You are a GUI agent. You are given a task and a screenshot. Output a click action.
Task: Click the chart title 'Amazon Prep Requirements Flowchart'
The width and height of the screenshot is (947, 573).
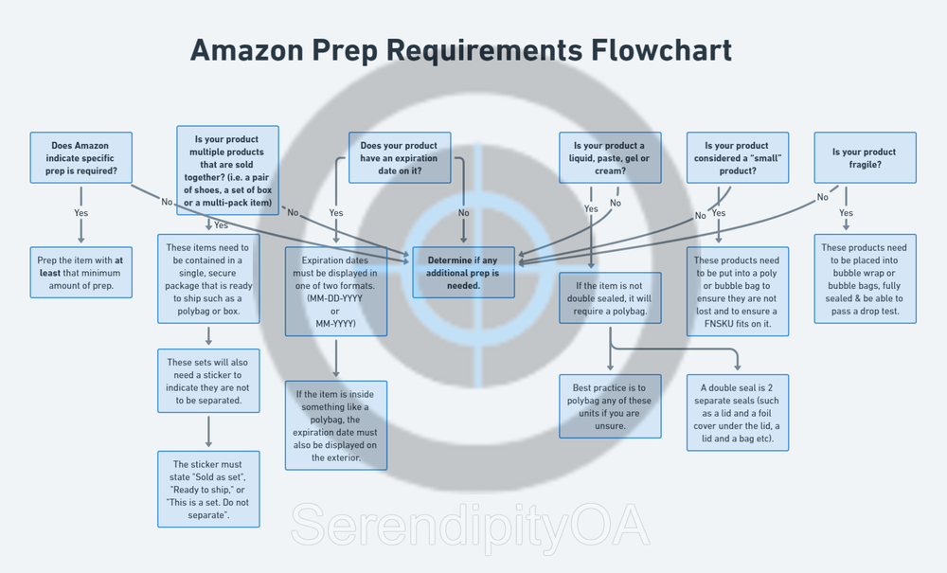460,49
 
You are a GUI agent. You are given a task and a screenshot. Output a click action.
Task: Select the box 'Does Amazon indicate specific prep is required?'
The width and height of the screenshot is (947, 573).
81,158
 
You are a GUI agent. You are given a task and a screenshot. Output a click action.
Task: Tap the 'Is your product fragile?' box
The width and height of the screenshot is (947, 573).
865,158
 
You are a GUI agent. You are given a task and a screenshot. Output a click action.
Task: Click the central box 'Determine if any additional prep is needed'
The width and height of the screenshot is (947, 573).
463,273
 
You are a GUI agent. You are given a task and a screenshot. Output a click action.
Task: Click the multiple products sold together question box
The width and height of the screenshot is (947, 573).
228,170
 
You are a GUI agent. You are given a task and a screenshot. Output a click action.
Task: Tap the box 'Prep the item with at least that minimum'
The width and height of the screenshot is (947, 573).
81,273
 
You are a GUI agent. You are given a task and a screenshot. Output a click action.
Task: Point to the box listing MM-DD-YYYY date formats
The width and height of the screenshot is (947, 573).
335,291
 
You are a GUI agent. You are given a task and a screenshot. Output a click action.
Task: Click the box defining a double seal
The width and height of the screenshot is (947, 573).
738,413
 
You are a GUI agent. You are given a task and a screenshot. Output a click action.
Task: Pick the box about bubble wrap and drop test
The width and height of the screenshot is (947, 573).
865,278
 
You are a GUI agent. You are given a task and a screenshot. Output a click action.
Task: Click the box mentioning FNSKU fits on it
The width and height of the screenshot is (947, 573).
737,291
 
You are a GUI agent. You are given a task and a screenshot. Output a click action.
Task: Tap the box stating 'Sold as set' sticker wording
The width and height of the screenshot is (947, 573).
208,489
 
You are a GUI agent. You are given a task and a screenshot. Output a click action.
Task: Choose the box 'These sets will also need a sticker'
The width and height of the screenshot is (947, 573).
208,381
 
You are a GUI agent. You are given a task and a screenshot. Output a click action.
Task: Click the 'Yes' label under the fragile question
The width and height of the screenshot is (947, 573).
847,213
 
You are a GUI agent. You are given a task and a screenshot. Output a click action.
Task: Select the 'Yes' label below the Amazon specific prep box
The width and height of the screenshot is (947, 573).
81,213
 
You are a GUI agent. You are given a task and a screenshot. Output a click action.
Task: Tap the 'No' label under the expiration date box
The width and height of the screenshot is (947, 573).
463,213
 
